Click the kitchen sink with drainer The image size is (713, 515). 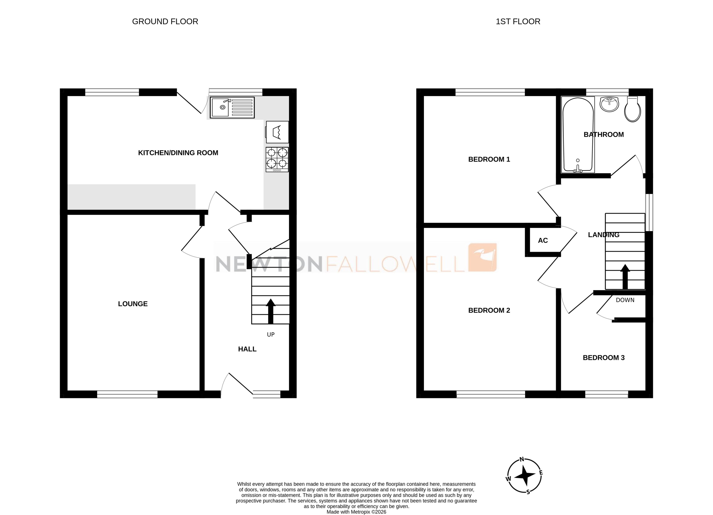pyautogui.click(x=232, y=107)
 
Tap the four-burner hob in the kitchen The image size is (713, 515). pyautogui.click(x=277, y=159)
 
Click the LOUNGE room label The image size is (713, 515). pyautogui.click(x=133, y=304)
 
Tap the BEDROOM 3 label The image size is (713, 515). pyautogui.click(x=604, y=358)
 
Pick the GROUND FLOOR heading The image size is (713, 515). pyautogui.click(x=165, y=21)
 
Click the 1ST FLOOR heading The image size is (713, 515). pyautogui.click(x=518, y=21)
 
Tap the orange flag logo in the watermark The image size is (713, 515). pyautogui.click(x=482, y=257)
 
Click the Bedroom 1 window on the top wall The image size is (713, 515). pyautogui.click(x=490, y=92)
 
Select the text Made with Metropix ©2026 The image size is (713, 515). pyautogui.click(x=356, y=512)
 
